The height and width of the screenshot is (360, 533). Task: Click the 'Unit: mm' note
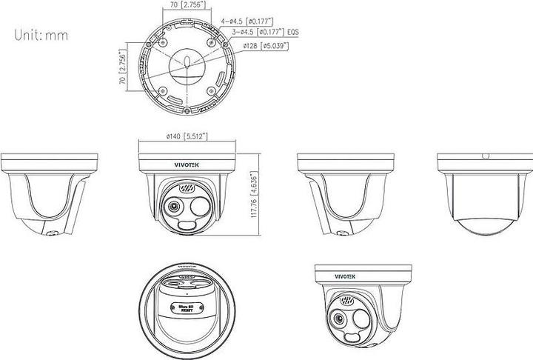(34, 34)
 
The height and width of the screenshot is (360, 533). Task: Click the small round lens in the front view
(173, 207)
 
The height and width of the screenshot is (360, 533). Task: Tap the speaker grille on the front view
(187, 189)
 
